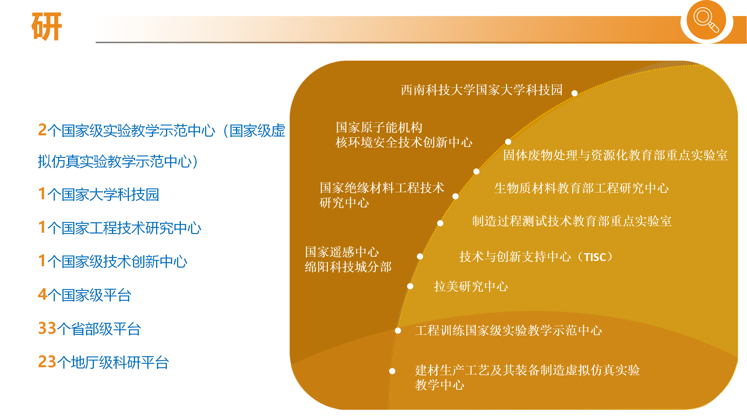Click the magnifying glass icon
pyautogui.click(x=706, y=20)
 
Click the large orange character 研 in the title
pyautogui.click(x=47, y=26)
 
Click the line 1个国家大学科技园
pyautogui.click(x=99, y=194)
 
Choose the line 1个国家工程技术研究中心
pyautogui.click(x=120, y=228)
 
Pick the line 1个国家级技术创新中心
pyautogui.click(x=113, y=261)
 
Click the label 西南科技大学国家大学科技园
pyautogui.click(x=482, y=90)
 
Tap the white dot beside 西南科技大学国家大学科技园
pyautogui.click(x=575, y=93)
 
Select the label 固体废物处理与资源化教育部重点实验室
pyautogui.click(x=615, y=155)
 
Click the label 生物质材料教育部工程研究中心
pyautogui.click(x=582, y=188)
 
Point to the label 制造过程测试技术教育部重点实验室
pyautogui.click(x=572, y=221)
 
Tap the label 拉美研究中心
pyautogui.click(x=471, y=286)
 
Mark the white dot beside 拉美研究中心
pyautogui.click(x=410, y=286)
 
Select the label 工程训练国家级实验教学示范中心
pyautogui.click(x=509, y=330)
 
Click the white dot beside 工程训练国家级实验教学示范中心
pyautogui.click(x=398, y=331)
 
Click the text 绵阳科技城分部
pyautogui.click(x=348, y=267)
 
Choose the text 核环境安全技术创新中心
pyautogui.click(x=404, y=143)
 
